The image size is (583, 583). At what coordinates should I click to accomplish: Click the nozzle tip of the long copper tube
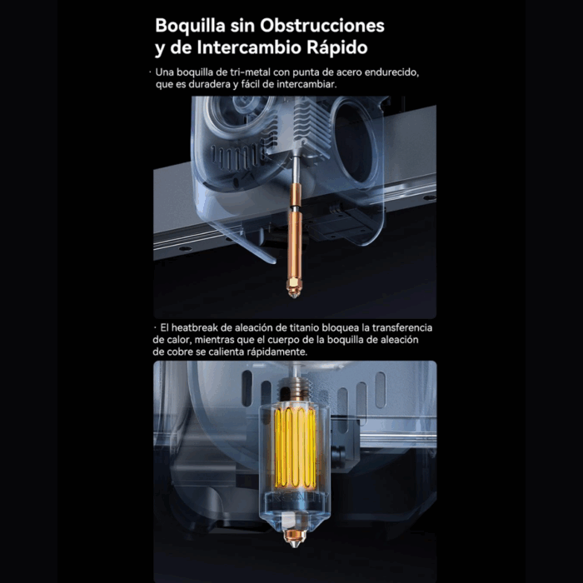[x=294, y=292]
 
